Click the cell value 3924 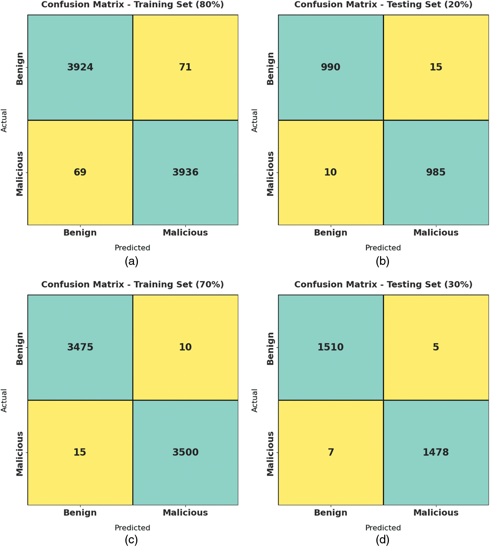(x=80, y=67)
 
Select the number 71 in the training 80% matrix (x=185, y=67)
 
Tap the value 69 (x=80, y=172)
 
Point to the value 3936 (x=185, y=172)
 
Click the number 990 (x=331, y=67)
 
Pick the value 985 (x=436, y=172)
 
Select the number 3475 (x=80, y=347)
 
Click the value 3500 (x=185, y=452)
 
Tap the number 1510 (x=331, y=347)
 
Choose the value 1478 (x=436, y=452)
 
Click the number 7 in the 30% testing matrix (x=331, y=452)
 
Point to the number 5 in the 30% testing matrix (x=436, y=347)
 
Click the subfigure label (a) (x=132, y=261)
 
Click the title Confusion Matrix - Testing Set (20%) (x=383, y=5)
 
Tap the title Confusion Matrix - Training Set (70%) (x=133, y=284)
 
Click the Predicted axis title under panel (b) (x=383, y=248)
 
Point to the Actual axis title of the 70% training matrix (x=4, y=400)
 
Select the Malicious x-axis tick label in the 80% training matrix (x=185, y=232)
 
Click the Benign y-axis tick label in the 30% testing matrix (x=270, y=349)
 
